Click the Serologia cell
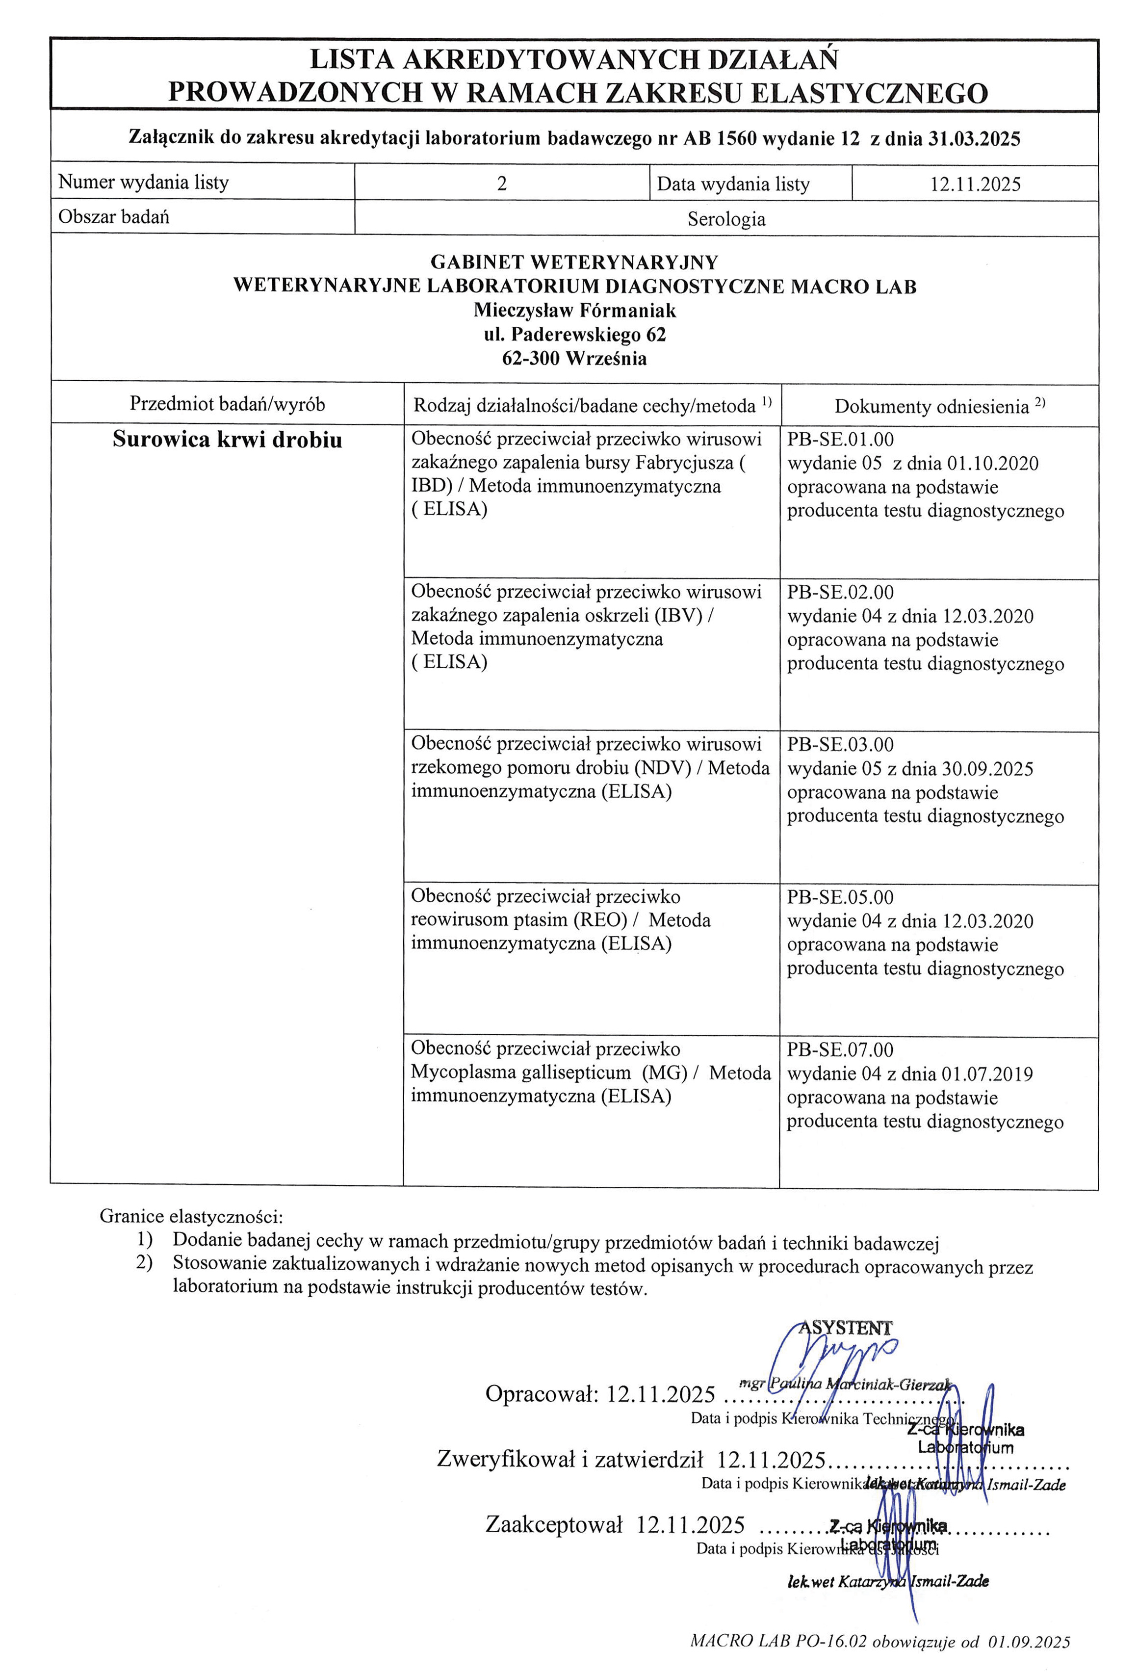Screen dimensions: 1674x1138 click(x=726, y=219)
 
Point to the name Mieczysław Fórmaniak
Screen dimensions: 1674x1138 click(x=574, y=311)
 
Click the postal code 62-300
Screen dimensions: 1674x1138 click(x=532, y=359)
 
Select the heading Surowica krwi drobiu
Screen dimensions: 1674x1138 click(x=227, y=440)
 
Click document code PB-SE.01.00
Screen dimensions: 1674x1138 click(x=840, y=440)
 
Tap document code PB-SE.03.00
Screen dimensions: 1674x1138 click(x=840, y=745)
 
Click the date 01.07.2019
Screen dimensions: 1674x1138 click(x=987, y=1074)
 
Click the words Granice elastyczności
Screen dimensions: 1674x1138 click(x=191, y=1217)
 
